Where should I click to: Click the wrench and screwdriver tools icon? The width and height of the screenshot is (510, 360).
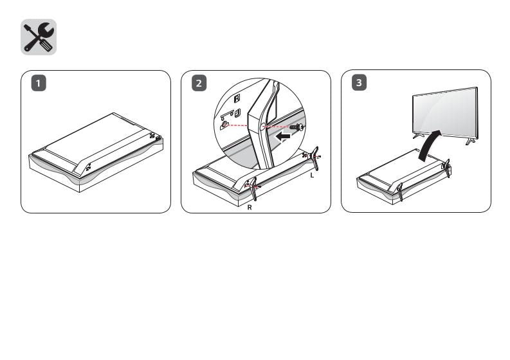39,37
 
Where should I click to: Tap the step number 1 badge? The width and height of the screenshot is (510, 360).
40,84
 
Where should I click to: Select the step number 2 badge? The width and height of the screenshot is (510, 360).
200,84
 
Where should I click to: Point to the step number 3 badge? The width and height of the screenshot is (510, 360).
360,84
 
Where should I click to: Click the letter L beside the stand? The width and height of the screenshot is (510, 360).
311,175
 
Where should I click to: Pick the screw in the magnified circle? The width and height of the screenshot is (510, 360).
296,127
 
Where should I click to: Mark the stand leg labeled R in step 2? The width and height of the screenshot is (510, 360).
253,188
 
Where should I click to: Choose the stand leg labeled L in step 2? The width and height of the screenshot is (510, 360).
314,156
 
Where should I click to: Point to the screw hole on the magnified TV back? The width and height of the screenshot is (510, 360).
226,125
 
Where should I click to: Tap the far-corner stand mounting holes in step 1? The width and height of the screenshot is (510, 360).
154,136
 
